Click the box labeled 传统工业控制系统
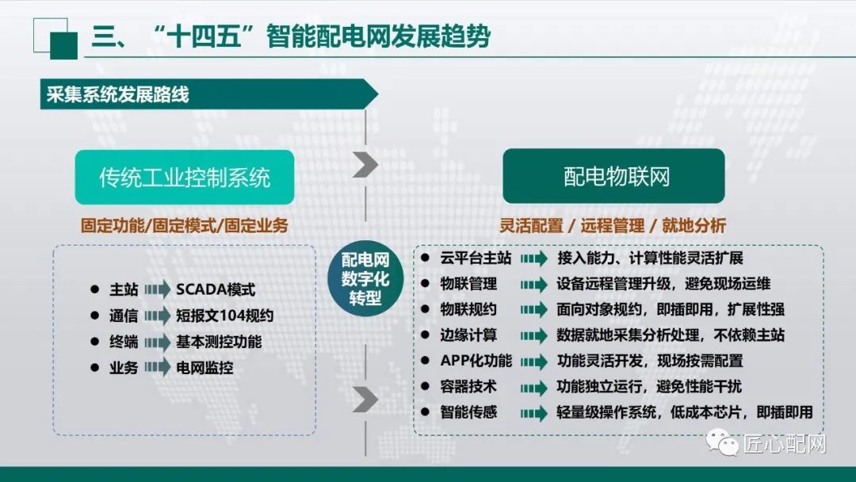185,177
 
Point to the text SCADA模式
216,291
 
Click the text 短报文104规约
225,316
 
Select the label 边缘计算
468,335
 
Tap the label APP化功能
476,361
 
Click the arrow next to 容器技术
533,387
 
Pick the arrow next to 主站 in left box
157,291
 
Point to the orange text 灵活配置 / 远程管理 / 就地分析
613,226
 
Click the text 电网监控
204,368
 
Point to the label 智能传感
468,412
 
